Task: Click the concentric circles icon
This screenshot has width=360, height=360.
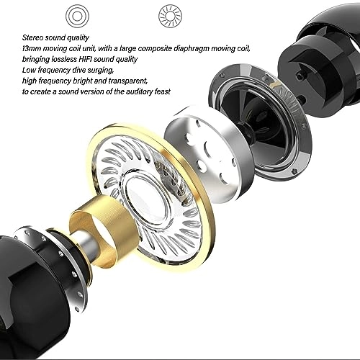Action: point(77,17)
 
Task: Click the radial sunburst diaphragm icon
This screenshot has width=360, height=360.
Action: point(170,17)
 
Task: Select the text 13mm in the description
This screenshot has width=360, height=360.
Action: point(31,48)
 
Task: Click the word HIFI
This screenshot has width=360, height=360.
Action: point(85,59)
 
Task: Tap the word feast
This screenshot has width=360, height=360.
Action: point(163,91)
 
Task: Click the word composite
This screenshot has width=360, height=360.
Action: point(155,49)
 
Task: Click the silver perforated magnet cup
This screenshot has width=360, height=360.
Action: point(209,153)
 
